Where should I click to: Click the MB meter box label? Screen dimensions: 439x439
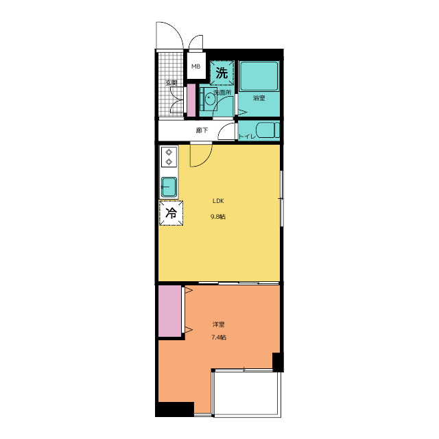(x=195, y=67)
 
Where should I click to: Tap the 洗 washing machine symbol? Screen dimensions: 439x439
(x=222, y=73)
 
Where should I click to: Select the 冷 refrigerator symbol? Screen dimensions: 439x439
(x=171, y=213)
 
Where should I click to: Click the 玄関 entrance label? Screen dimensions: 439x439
(x=171, y=83)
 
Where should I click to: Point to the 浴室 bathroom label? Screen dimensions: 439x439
(x=259, y=98)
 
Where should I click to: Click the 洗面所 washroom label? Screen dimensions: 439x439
(x=222, y=93)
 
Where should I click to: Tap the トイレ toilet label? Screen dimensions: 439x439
(x=247, y=137)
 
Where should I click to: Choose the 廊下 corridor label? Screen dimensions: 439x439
(x=202, y=130)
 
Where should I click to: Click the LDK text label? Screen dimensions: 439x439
(x=218, y=201)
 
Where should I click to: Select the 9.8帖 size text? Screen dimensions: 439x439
(x=218, y=217)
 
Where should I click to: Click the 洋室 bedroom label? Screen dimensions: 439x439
(x=218, y=324)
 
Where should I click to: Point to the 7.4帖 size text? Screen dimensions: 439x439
(x=219, y=337)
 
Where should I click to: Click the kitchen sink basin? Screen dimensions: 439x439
(x=169, y=187)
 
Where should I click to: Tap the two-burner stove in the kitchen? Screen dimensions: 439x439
(x=169, y=157)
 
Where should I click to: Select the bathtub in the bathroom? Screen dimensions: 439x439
(x=259, y=76)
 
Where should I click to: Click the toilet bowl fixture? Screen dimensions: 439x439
(x=268, y=130)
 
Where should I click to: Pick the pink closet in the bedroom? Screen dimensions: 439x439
(x=169, y=311)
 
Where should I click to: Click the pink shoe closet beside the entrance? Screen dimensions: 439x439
(x=191, y=100)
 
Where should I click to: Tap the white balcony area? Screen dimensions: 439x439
(x=247, y=393)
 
